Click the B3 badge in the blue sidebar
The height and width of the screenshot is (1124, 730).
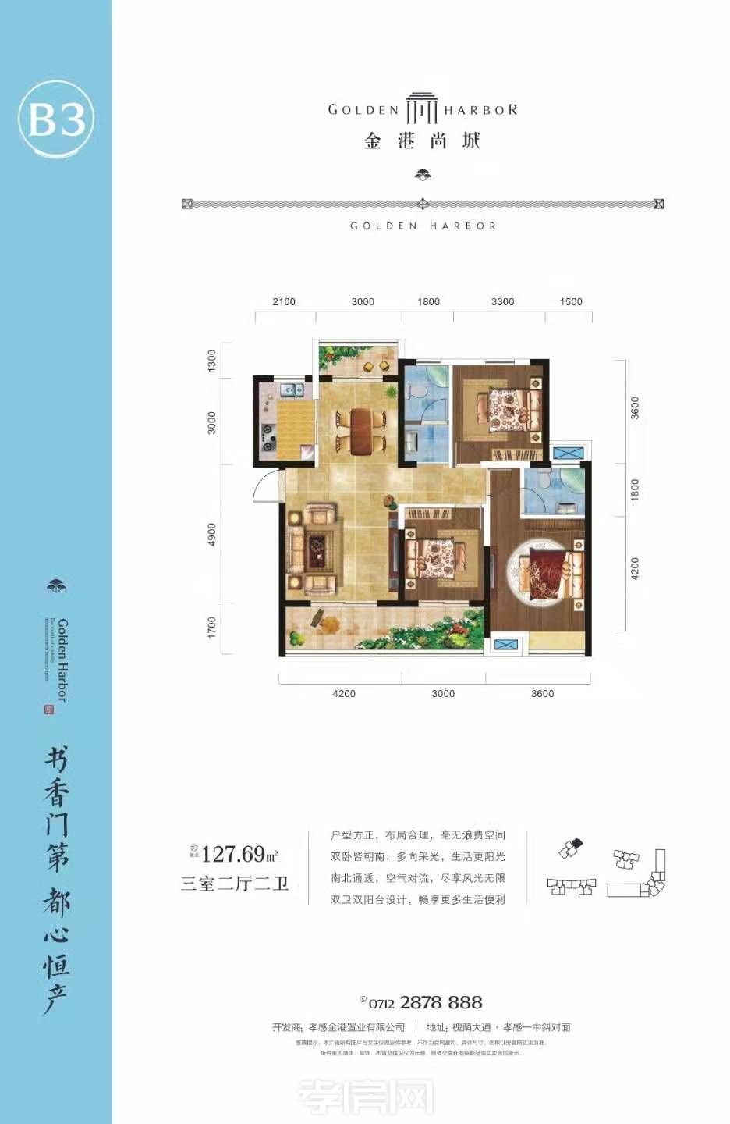tap(56, 120)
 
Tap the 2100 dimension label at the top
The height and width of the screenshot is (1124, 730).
tap(284, 302)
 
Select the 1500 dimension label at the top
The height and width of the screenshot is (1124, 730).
tap(571, 302)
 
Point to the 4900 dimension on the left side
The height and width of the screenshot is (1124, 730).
tap(211, 534)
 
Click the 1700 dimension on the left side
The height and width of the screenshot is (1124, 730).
tap(211, 627)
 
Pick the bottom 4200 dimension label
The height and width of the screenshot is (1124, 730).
tap(344, 694)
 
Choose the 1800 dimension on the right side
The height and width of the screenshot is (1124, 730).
tap(635, 490)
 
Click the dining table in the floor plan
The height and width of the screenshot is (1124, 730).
tap(361, 431)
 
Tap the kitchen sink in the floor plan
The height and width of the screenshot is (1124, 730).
tap(292, 388)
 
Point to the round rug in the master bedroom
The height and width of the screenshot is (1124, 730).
tap(538, 574)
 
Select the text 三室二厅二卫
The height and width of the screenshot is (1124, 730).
tap(235, 884)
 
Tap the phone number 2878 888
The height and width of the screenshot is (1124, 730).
tap(441, 1003)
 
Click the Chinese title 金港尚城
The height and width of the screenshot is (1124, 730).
tap(422, 141)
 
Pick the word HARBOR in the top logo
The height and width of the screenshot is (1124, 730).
tap(480, 110)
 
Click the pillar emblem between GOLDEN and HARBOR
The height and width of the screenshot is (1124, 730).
tap(422, 110)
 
